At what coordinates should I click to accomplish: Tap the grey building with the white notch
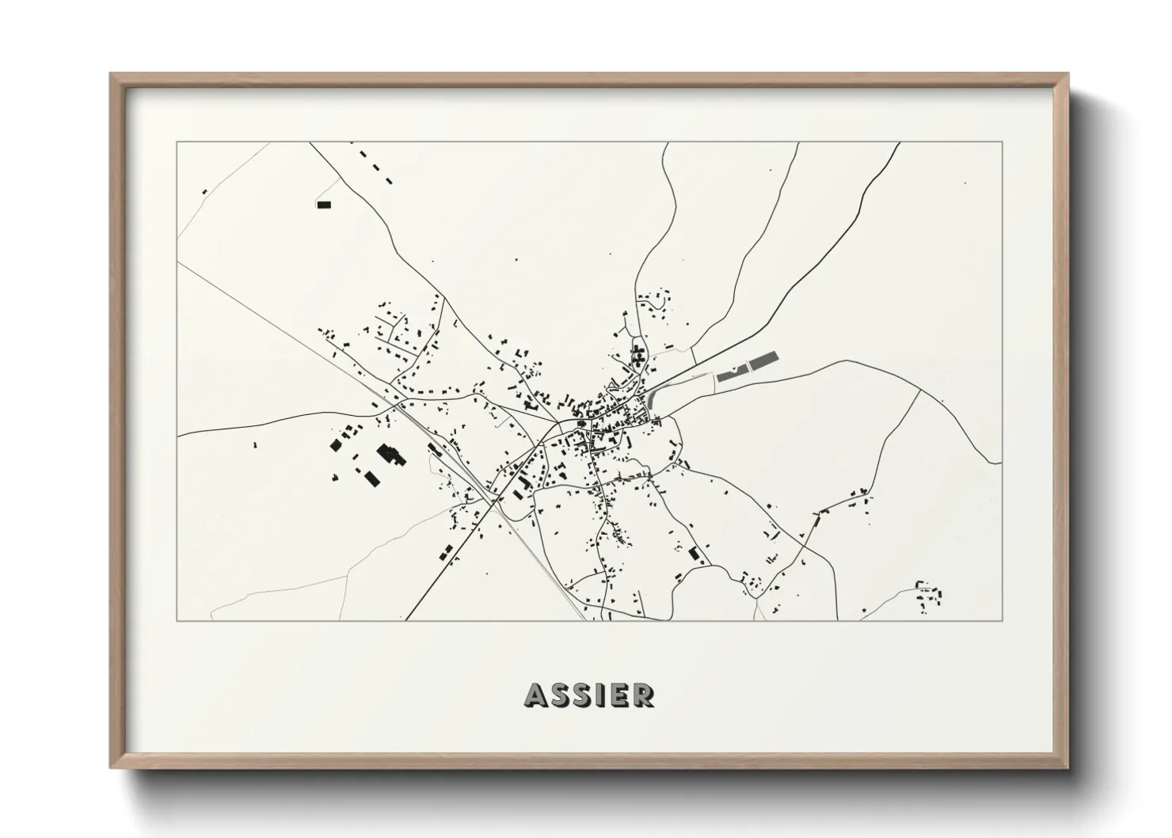pyautogui.click(x=732, y=373)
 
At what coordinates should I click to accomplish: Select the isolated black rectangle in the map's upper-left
pyautogui.click(x=324, y=204)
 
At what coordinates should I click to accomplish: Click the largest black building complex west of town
pyautogui.click(x=389, y=454)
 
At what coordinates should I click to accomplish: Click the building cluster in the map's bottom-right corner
pyautogui.click(x=929, y=595)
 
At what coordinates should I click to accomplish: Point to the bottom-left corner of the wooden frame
pyautogui.click(x=112, y=767)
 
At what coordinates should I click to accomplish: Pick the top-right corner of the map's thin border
pyautogui.click(x=1003, y=142)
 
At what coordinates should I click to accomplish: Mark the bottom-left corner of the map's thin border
pyautogui.click(x=177, y=620)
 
